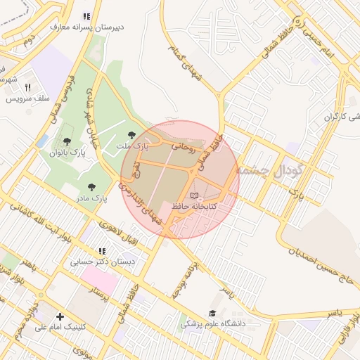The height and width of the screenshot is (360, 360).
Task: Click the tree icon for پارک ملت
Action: pos(131,135)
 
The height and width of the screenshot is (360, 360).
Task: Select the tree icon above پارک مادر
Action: pos(91,187)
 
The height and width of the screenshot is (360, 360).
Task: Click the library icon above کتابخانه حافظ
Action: pos(195,195)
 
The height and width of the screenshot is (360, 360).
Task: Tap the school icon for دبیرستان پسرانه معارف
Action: pos(86,16)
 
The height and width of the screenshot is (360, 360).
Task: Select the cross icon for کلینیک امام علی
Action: pos(60,316)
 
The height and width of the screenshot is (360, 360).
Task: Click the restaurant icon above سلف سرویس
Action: pos(27,88)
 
